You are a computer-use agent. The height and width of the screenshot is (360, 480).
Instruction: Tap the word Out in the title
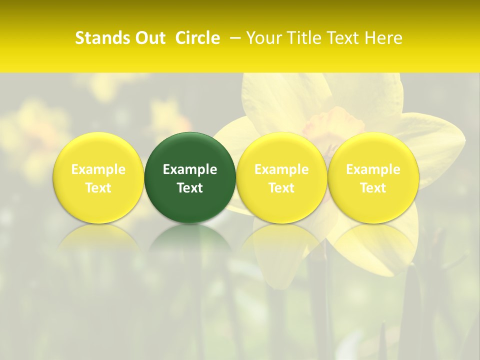pyautogui.click(x=148, y=38)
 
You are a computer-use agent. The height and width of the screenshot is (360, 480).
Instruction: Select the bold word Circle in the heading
pyautogui.click(x=197, y=38)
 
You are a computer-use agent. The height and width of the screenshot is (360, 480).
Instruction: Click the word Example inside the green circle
pyautogui.click(x=190, y=169)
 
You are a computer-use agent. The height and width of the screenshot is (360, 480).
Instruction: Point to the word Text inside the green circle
pyautogui.click(x=190, y=188)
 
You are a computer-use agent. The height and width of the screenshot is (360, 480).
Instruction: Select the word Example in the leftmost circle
pyautogui.click(x=98, y=169)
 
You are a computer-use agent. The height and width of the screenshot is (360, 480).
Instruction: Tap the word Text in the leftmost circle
pyautogui.click(x=98, y=188)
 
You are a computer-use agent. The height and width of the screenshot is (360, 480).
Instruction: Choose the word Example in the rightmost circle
pyautogui.click(x=373, y=169)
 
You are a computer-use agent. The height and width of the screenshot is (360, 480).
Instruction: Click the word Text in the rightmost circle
pyautogui.click(x=373, y=188)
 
